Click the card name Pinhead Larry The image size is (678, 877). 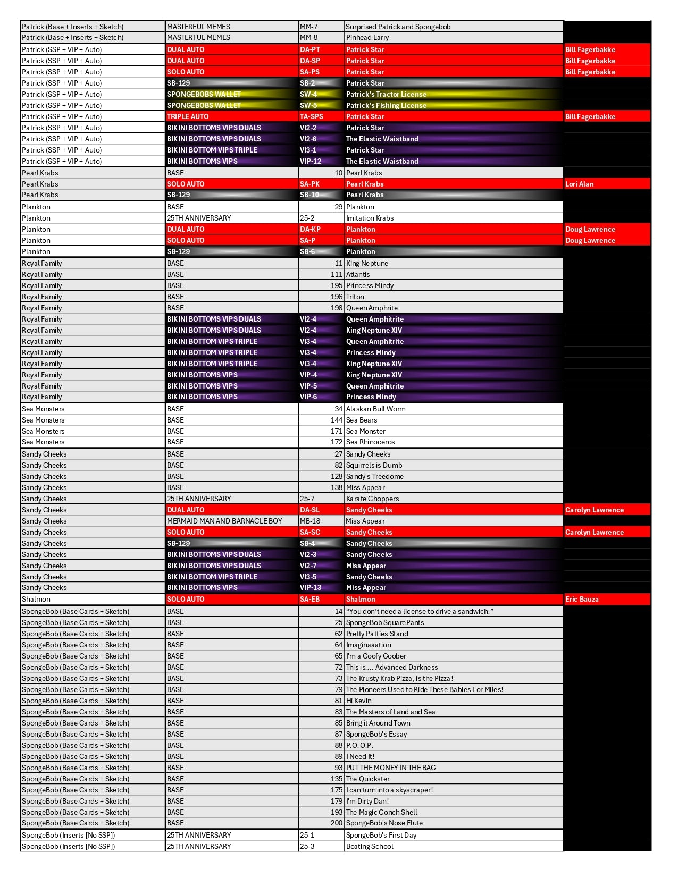tap(367, 38)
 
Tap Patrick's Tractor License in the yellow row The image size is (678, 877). tap(386, 95)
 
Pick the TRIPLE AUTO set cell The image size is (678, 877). tap(188, 117)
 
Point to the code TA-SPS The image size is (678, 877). tap(311, 117)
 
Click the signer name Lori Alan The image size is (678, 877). tap(580, 184)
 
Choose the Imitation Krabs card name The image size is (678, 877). tap(370, 218)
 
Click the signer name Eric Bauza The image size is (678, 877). tap(582, 600)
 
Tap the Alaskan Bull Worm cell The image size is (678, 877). tap(375, 409)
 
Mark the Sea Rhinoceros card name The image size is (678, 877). tap(370, 442)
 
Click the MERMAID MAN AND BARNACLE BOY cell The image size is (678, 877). tap(224, 521)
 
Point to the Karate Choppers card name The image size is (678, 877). tap(372, 499)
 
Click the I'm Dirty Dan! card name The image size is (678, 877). tap(367, 802)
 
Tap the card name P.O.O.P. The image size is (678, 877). tap(359, 746)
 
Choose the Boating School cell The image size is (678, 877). tap(370, 847)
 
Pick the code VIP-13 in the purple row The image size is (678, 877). tap(311, 588)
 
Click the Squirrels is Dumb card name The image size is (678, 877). tap(374, 466)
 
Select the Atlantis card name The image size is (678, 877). tap(358, 275)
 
